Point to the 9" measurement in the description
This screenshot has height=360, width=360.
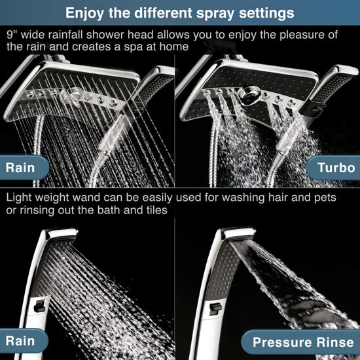pos(12,33)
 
